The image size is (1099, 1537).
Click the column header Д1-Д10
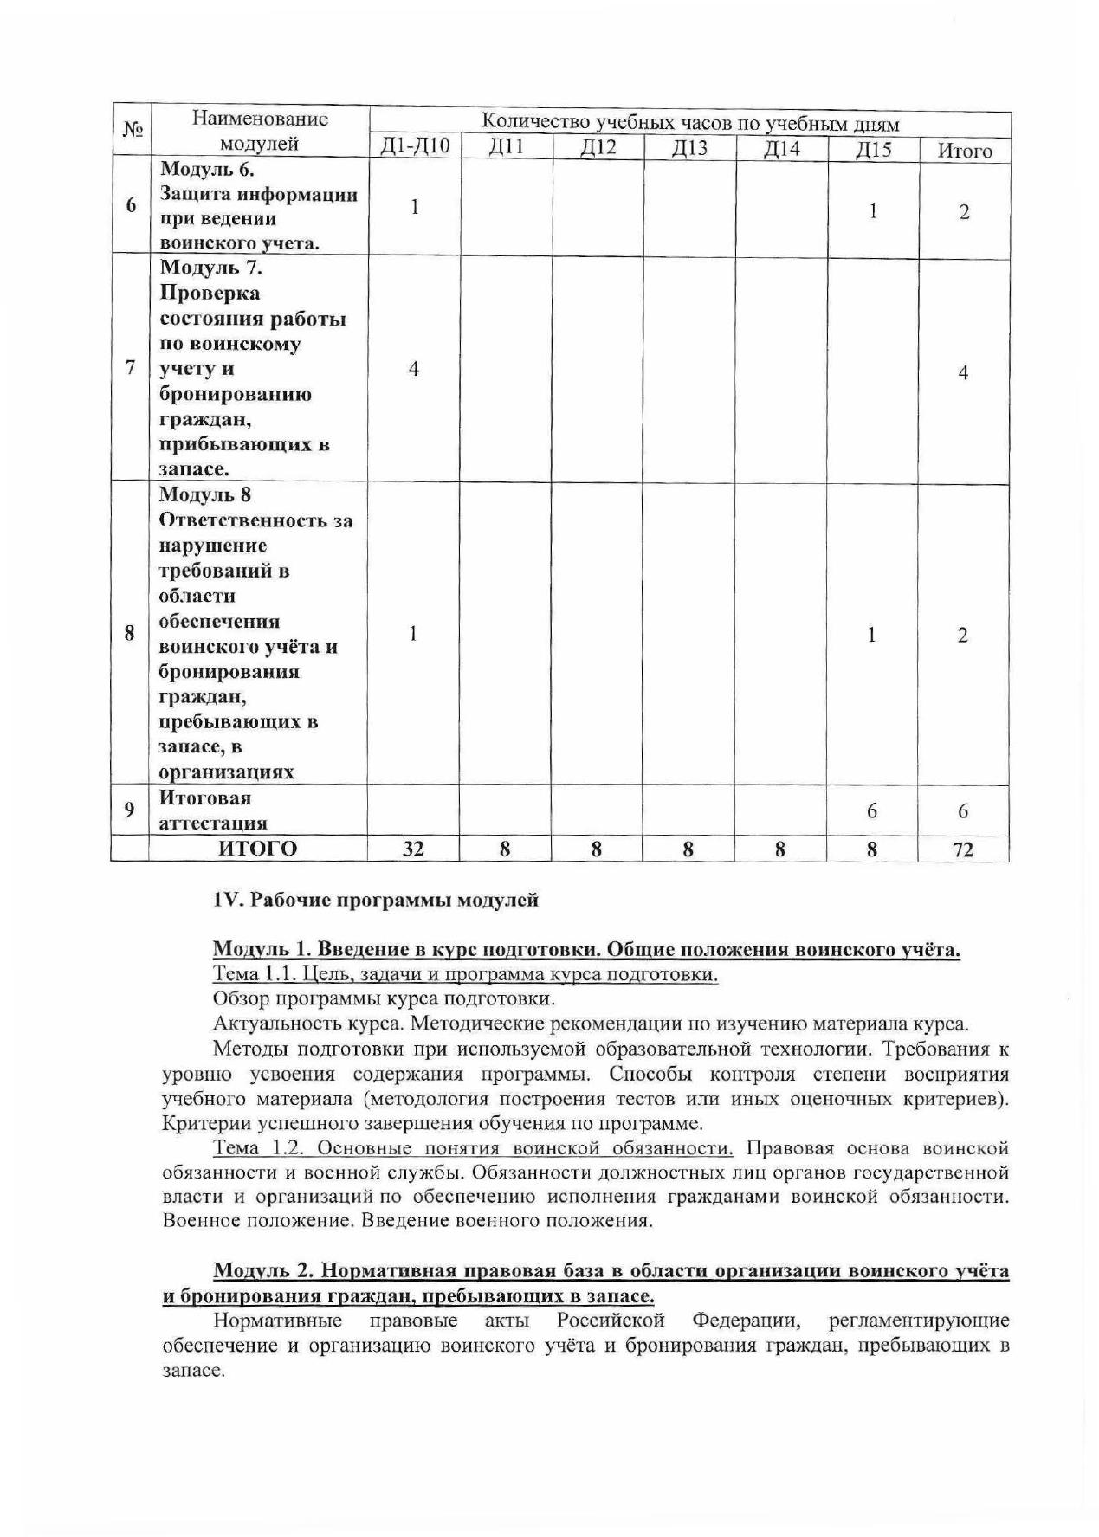416,146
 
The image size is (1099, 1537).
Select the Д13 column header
689,148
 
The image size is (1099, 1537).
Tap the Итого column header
965,151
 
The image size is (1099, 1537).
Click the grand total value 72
963,849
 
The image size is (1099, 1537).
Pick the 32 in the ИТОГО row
414,849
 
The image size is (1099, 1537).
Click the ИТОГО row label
257,849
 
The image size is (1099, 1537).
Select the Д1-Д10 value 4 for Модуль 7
414,369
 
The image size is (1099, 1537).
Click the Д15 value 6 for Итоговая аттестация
871,810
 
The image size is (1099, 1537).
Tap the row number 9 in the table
129,810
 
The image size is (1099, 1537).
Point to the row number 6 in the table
131,206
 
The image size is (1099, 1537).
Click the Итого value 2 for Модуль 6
964,212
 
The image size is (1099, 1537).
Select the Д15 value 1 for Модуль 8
871,635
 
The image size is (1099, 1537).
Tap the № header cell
132,130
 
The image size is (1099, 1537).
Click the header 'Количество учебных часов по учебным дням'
689,123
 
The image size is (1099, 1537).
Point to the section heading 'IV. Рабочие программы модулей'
375,900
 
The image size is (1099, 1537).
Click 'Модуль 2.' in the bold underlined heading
260,1270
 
